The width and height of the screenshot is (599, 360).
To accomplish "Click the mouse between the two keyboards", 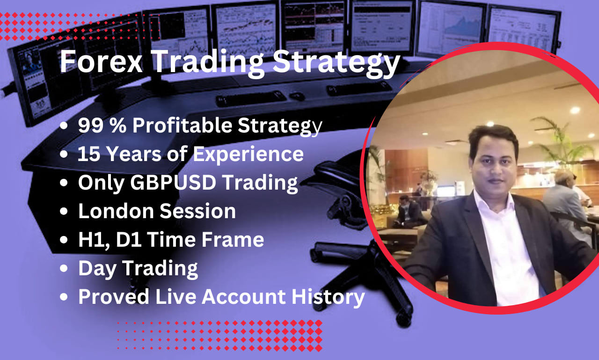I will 297,96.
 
